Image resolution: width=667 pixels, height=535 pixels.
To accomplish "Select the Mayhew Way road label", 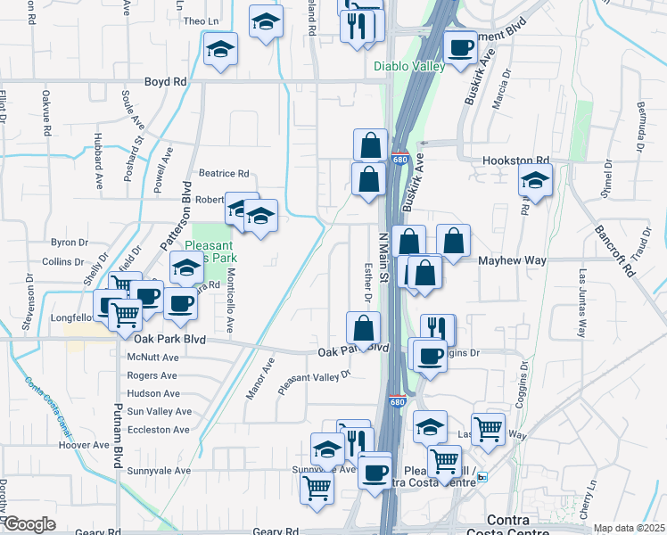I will [512, 260].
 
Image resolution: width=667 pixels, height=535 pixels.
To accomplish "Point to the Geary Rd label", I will [275, 532].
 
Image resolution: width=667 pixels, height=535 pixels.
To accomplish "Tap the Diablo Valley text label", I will [408, 66].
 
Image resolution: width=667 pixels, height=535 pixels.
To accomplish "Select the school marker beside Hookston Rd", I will [535, 181].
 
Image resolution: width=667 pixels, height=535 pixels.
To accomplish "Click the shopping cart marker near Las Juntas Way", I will [488, 430].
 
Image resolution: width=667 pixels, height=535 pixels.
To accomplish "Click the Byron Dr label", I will [70, 242].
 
